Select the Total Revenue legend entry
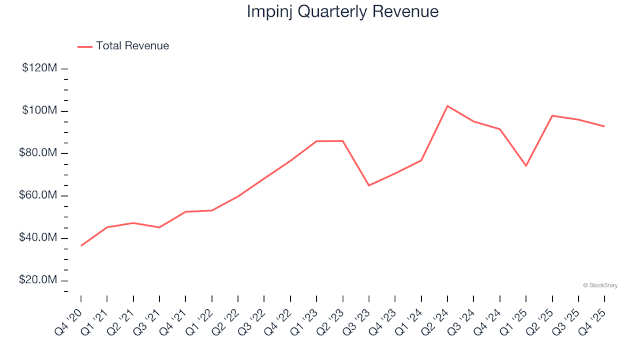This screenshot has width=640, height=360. coord(132,46)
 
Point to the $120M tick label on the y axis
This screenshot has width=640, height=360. coord(39,68)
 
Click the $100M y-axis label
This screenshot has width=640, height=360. coord(39,111)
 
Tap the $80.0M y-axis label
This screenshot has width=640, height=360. coord(39,153)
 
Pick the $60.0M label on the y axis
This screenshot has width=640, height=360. coord(39,196)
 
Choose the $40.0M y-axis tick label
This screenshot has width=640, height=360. coord(39,238)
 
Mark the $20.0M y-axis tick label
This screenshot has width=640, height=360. coord(39,281)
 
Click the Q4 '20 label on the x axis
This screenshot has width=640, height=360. coord(72,312)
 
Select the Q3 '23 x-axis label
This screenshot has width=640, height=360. coord(359,312)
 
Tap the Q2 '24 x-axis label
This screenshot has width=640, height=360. coord(438,312)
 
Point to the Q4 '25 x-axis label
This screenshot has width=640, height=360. coord(595,312)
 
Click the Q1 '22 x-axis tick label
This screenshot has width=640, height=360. coord(203,312)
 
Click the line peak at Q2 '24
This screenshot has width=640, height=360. coord(447,106)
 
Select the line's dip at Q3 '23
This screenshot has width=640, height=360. coord(369,185)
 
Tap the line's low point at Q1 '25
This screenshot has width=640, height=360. coord(526,166)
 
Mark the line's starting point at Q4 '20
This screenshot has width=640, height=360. coord(81,246)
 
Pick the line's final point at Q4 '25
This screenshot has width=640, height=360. coord(604,126)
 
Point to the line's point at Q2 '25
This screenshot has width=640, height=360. coord(552,116)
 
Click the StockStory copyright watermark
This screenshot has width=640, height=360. coord(600,285)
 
